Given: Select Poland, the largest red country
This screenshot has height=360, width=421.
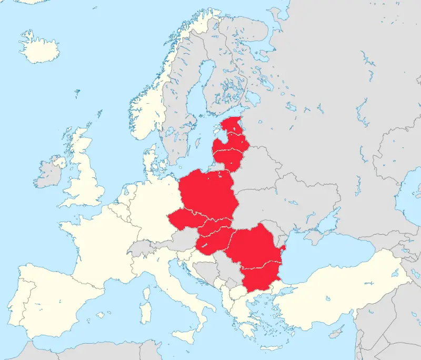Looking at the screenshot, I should click(208, 192).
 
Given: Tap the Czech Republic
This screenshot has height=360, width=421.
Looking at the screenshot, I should click(185, 218).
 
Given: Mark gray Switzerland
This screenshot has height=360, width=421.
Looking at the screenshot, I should click(139, 247).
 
